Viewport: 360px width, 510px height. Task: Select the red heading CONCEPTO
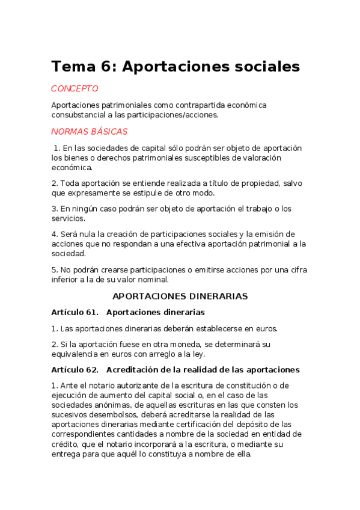(x=75, y=88)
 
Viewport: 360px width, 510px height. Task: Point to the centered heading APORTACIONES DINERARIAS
(x=180, y=296)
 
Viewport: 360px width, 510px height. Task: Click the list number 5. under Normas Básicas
(x=54, y=269)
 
